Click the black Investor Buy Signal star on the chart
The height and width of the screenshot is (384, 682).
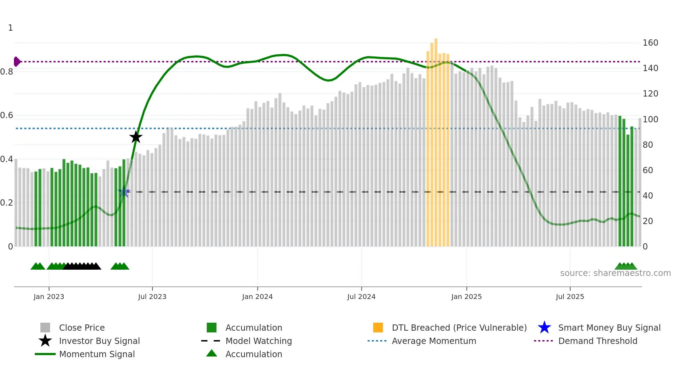[136, 137]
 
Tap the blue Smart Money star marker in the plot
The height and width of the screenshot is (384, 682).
[124, 192]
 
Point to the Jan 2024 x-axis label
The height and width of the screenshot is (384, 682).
[257, 297]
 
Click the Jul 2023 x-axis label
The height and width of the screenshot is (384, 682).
[152, 297]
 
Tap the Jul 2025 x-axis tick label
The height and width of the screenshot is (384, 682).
[570, 297]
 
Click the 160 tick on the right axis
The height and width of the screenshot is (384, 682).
[650, 43]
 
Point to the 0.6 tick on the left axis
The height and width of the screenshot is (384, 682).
[7, 115]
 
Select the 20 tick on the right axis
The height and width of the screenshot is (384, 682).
[648, 221]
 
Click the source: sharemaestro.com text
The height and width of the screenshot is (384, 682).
[615, 273]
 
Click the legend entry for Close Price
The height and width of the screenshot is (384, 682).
[82, 328]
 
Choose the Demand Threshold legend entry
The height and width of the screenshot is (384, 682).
[597, 341]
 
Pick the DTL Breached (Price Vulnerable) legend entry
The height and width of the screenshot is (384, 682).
[459, 328]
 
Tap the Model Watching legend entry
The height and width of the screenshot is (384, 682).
[258, 341]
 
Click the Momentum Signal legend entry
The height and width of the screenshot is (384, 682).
[97, 354]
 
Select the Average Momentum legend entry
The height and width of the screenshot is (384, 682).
[434, 341]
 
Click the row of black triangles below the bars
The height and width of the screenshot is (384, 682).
[82, 266]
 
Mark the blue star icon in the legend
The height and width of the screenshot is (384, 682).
[544, 328]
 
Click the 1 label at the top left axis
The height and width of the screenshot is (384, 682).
[10, 28]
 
